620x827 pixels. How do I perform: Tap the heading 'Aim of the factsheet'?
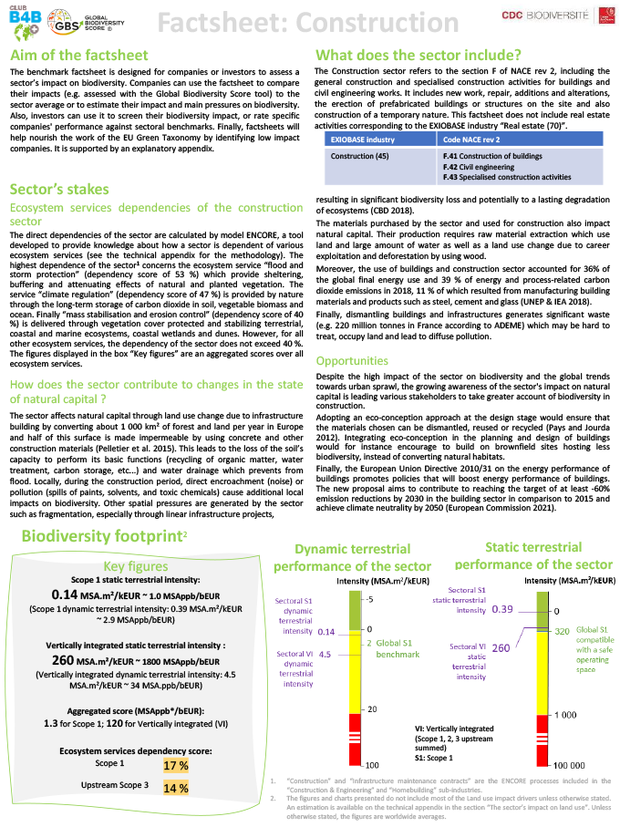click(71, 56)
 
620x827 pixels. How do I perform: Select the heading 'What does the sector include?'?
click(418, 54)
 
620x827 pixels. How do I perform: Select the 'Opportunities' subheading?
click(359, 361)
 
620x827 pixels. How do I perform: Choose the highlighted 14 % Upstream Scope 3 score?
click(175, 787)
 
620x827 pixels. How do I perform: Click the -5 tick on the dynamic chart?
click(370, 599)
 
